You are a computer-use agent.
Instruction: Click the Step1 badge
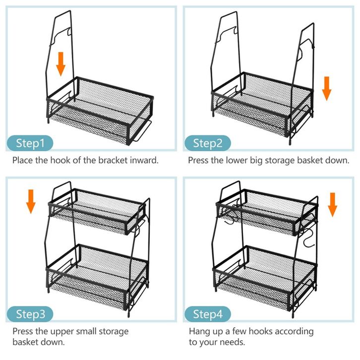[x=30, y=143]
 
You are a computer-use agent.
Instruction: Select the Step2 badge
[x=208, y=143]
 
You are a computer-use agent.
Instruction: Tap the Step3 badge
[x=30, y=313]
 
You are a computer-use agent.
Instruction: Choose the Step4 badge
[x=208, y=313]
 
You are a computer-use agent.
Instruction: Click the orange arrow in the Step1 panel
[x=60, y=64]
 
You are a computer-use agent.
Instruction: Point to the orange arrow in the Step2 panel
[x=326, y=88]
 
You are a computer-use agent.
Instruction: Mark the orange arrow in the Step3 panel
[x=31, y=200]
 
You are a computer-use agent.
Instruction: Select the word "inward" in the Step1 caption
[x=145, y=160]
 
